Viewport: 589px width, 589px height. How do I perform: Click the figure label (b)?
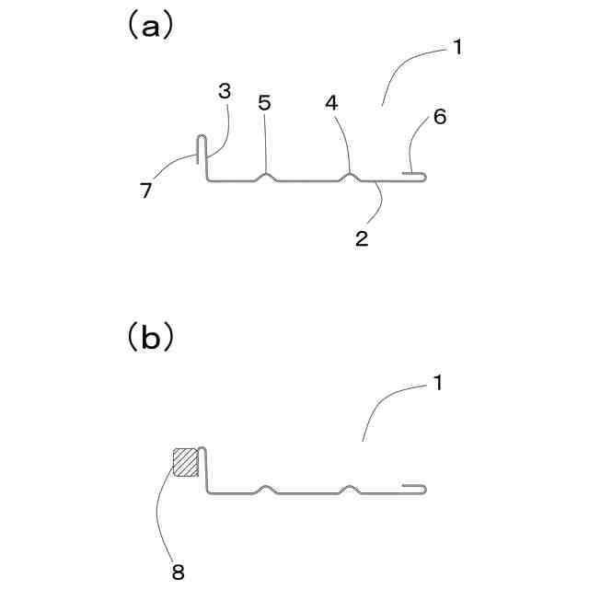point(148,337)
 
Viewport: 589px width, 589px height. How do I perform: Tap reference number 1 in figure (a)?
point(457,46)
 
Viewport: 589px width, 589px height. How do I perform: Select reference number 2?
point(362,237)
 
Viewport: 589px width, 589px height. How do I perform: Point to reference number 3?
point(225,91)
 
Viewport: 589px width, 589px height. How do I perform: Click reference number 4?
point(331,102)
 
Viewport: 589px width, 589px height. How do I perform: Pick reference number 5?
point(265,102)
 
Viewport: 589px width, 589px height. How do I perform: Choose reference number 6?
point(439,118)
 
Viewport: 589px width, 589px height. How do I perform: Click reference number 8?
point(179,572)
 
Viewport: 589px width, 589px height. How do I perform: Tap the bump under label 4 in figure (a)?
point(350,177)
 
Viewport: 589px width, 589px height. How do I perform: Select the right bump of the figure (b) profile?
point(349,488)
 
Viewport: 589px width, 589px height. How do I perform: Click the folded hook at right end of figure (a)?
point(416,176)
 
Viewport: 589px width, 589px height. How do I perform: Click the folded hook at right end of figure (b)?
point(415,488)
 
